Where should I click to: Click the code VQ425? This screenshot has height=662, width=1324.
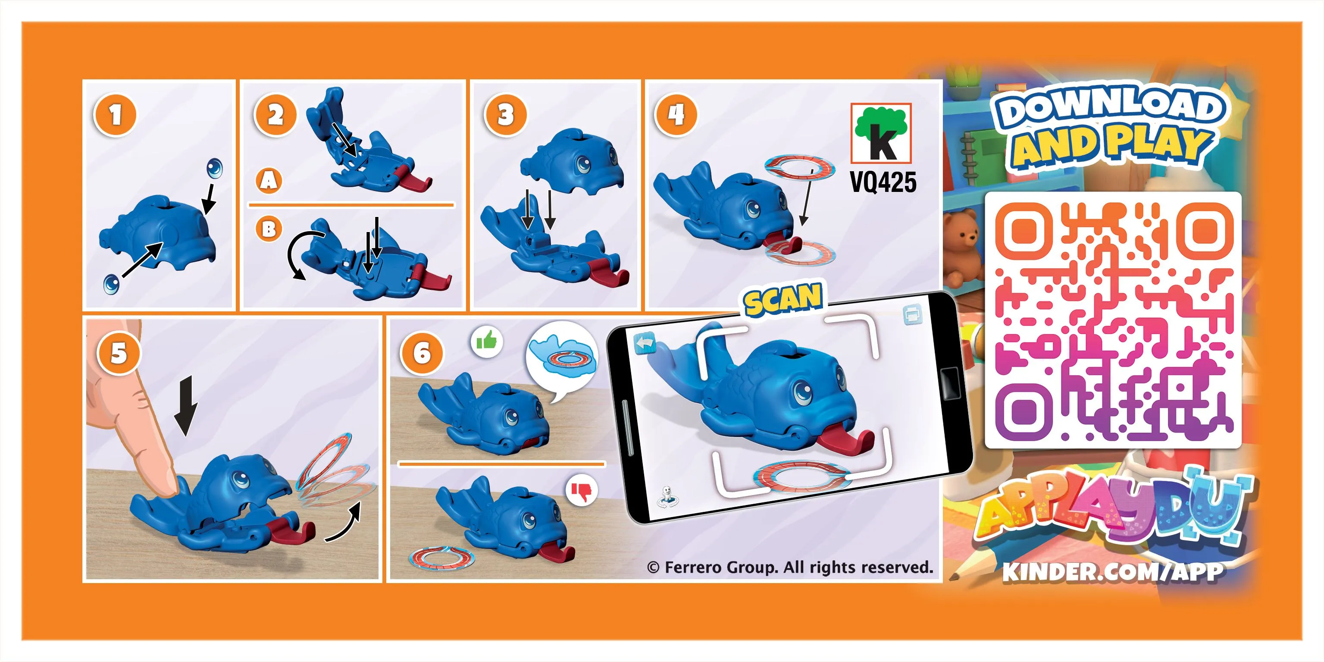click(883, 182)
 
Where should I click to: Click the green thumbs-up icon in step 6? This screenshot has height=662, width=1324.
click(486, 341)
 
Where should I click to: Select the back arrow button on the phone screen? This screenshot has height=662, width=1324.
click(645, 343)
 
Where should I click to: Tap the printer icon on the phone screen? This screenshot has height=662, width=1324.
click(912, 315)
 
